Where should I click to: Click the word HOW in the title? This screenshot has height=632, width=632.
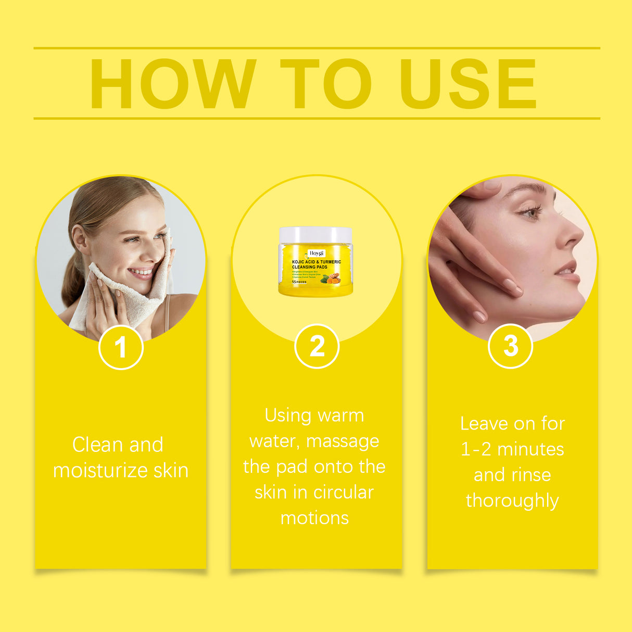tap(173, 84)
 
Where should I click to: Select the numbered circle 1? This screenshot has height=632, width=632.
tap(121, 347)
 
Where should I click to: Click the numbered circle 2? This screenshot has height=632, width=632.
tap(317, 346)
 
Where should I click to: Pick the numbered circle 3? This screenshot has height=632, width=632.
tap(510, 346)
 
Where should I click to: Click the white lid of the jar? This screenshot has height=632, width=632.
tap(315, 235)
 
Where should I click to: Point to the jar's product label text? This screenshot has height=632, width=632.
tap(316, 264)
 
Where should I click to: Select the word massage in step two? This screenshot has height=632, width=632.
tap(343, 441)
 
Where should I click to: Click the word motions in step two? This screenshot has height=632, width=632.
tap(314, 518)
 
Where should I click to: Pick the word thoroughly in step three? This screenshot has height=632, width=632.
tap(512, 501)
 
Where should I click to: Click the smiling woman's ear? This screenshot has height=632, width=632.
tap(80, 241)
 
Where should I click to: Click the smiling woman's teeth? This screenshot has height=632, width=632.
tap(142, 271)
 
